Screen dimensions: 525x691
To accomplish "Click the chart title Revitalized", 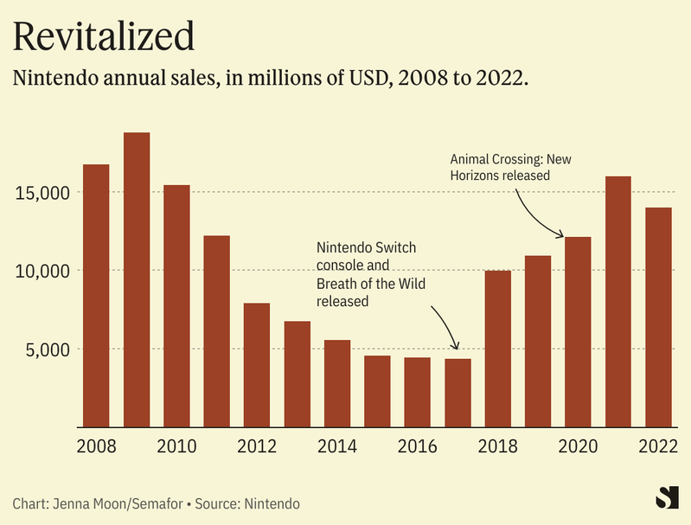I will pyautogui.click(x=103, y=36).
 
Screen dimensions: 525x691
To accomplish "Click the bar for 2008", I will pyautogui.click(x=96, y=295).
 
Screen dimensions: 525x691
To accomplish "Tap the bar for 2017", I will pyautogui.click(x=457, y=393).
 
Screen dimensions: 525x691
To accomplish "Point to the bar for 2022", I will pyautogui.click(x=658, y=317).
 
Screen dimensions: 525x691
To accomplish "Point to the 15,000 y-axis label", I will pyautogui.click(x=42, y=192).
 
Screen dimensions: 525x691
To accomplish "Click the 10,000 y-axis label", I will pyautogui.click(x=42, y=271).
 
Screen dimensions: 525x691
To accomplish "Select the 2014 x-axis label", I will pyautogui.click(x=336, y=446).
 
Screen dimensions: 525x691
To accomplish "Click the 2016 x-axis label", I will pyautogui.click(x=417, y=446).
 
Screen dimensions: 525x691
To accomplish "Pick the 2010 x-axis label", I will pyautogui.click(x=176, y=446).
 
